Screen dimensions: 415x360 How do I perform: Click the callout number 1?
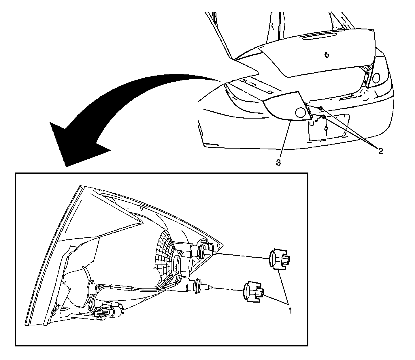pyautogui.click(x=291, y=311)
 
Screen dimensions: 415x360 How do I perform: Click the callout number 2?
pyautogui.click(x=381, y=151)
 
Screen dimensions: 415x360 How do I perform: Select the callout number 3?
pyautogui.click(x=278, y=163)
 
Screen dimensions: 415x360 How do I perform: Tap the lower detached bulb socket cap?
pyautogui.click(x=254, y=292)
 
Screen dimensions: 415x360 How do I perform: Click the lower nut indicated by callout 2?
pyautogui.click(x=324, y=117)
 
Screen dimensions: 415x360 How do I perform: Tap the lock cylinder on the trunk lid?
pyautogui.click(x=327, y=55)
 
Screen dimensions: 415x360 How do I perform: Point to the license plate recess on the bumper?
pyautogui.click(x=329, y=128)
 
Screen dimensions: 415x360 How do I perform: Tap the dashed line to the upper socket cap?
pyautogui.click(x=242, y=256)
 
